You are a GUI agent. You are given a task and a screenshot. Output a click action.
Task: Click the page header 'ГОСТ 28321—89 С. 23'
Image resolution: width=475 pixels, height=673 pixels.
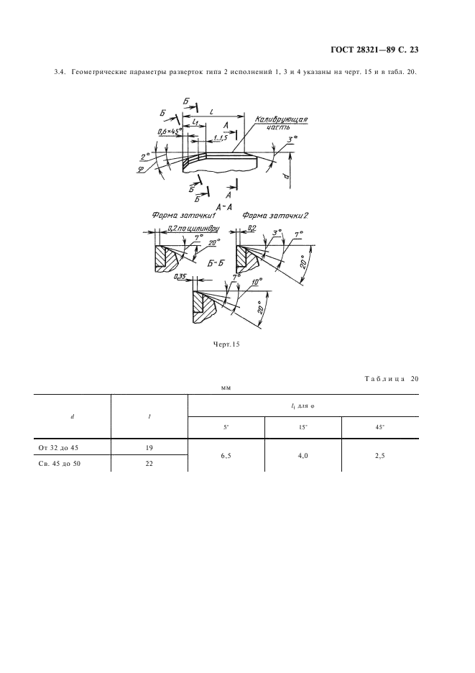pos(374,50)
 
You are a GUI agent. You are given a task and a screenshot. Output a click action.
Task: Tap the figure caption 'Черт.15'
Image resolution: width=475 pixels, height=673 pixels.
pos(226,344)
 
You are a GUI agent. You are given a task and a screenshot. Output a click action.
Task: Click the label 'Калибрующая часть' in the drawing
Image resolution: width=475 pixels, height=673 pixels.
pos(281,122)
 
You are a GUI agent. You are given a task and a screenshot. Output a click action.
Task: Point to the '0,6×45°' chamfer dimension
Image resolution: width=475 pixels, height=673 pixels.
pos(170,132)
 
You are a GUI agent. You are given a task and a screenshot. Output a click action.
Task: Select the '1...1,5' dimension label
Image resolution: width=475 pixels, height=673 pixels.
pos(221,137)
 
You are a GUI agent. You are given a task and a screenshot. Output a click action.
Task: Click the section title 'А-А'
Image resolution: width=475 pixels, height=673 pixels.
pos(224,207)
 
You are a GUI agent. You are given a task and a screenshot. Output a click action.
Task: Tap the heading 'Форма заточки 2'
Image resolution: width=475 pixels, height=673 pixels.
pos(275,216)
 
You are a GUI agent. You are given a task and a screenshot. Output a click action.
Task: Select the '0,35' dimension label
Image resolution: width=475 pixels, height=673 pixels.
pos(180,278)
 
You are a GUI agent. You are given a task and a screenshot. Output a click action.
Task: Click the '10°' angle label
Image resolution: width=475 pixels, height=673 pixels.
pos(257,282)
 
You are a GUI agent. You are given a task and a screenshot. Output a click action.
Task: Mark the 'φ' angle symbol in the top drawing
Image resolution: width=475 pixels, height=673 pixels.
pos(140,170)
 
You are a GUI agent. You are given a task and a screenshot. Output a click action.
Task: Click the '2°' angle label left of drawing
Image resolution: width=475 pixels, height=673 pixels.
pos(145,156)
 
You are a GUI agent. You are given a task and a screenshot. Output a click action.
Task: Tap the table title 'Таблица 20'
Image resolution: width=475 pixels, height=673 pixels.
pos(392,378)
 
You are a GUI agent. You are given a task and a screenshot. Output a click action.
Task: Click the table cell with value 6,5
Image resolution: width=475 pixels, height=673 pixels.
pos(226,456)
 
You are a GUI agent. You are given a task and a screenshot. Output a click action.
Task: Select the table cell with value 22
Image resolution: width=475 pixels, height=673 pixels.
pos(149,464)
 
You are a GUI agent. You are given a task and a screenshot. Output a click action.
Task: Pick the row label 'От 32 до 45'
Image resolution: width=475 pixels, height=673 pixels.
pos(58,448)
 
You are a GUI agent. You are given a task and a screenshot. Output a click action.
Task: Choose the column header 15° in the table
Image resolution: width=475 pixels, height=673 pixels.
pos(303,428)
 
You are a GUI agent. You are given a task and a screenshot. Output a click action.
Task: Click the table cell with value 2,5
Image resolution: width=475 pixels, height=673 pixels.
pos(379,456)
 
